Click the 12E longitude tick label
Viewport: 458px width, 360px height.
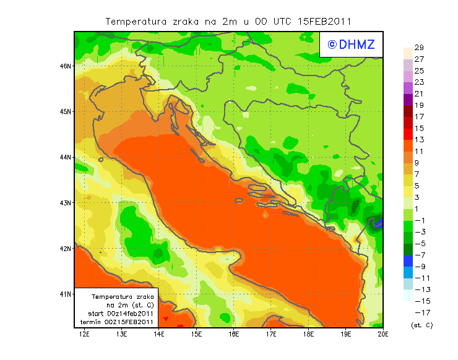[85, 335]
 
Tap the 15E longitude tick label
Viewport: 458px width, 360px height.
[197, 335]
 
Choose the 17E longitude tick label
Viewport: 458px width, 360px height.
[271, 335]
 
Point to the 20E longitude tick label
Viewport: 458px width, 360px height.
[383, 335]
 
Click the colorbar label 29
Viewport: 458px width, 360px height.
[419, 48]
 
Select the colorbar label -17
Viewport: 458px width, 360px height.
[420, 312]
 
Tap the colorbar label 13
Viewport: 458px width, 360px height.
[419, 140]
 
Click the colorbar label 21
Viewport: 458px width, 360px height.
[419, 94]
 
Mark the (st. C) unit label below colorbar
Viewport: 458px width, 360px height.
[421, 325]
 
